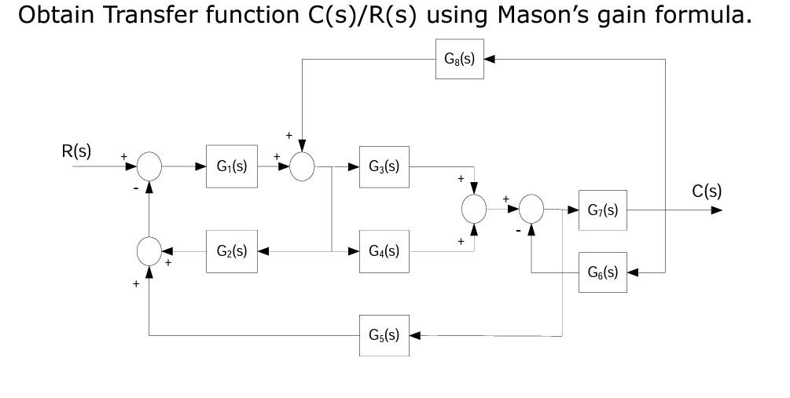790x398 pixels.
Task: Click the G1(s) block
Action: tap(230, 166)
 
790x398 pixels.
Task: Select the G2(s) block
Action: tap(230, 252)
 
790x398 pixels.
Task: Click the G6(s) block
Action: tap(603, 272)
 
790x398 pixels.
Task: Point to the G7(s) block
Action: tap(603, 210)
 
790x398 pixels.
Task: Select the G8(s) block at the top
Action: tap(460, 59)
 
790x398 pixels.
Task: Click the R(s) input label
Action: tap(77, 152)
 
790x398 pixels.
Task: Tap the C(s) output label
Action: tap(707, 191)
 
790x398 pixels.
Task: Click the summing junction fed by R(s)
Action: tap(149, 166)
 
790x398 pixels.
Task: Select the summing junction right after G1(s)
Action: tap(303, 166)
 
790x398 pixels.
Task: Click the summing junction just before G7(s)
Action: tap(532, 210)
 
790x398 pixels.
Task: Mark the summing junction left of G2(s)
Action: tap(149, 252)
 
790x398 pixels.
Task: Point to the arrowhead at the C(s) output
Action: tap(715, 210)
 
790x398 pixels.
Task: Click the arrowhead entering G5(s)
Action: tap(414, 335)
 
